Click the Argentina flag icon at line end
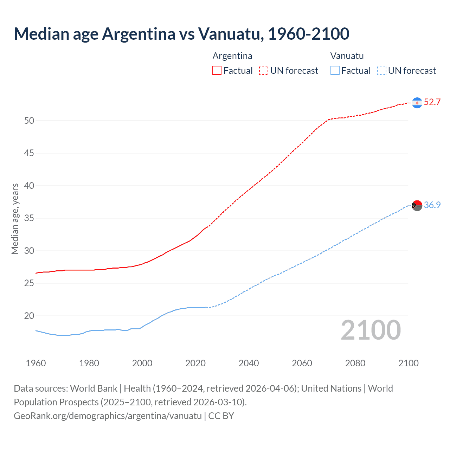point(417,103)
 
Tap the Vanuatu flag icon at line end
point(417,205)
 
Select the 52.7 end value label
point(432,102)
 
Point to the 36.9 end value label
point(432,205)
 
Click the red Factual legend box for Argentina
point(217,71)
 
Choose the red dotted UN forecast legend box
point(264,71)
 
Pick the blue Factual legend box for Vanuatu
point(335,71)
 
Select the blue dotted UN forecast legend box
point(381,71)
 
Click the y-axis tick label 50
point(29,121)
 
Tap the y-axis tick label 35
point(29,218)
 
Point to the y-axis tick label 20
point(29,316)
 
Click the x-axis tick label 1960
point(36,363)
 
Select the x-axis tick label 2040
point(249,363)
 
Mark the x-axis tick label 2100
point(408,363)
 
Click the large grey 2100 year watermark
point(371,330)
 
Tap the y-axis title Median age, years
point(15,219)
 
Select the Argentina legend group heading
point(232,56)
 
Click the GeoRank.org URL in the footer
point(108,416)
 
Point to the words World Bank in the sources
point(94,388)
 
